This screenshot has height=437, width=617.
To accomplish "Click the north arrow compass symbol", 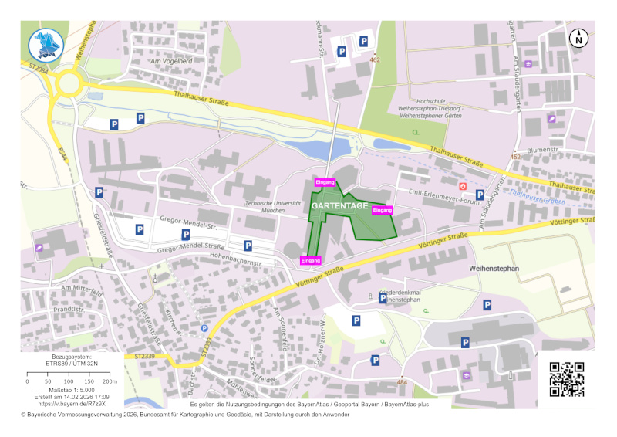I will pyautogui.click(x=578, y=38).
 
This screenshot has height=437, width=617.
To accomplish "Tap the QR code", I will pyautogui.click(x=566, y=379).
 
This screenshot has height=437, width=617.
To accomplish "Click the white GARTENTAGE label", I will pyautogui.click(x=339, y=207).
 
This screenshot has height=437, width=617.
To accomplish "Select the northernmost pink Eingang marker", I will pyautogui.click(x=325, y=182).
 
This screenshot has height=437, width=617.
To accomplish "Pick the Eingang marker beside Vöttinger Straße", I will pyautogui.click(x=311, y=261).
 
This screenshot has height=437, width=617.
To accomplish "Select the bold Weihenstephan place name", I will pyautogui.click(x=495, y=268).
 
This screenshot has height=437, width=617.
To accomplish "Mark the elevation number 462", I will pyautogui.click(x=375, y=59).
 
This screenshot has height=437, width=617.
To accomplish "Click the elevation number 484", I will pyautogui.click(x=401, y=382).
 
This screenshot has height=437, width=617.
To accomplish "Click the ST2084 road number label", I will pyautogui.click(x=38, y=68).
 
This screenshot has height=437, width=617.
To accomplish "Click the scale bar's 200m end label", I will pyautogui.click(x=111, y=381).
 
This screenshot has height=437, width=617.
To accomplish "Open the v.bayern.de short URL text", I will pyautogui.click(x=72, y=403).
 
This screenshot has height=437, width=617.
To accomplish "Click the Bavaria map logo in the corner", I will pyautogui.click(x=44, y=45).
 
